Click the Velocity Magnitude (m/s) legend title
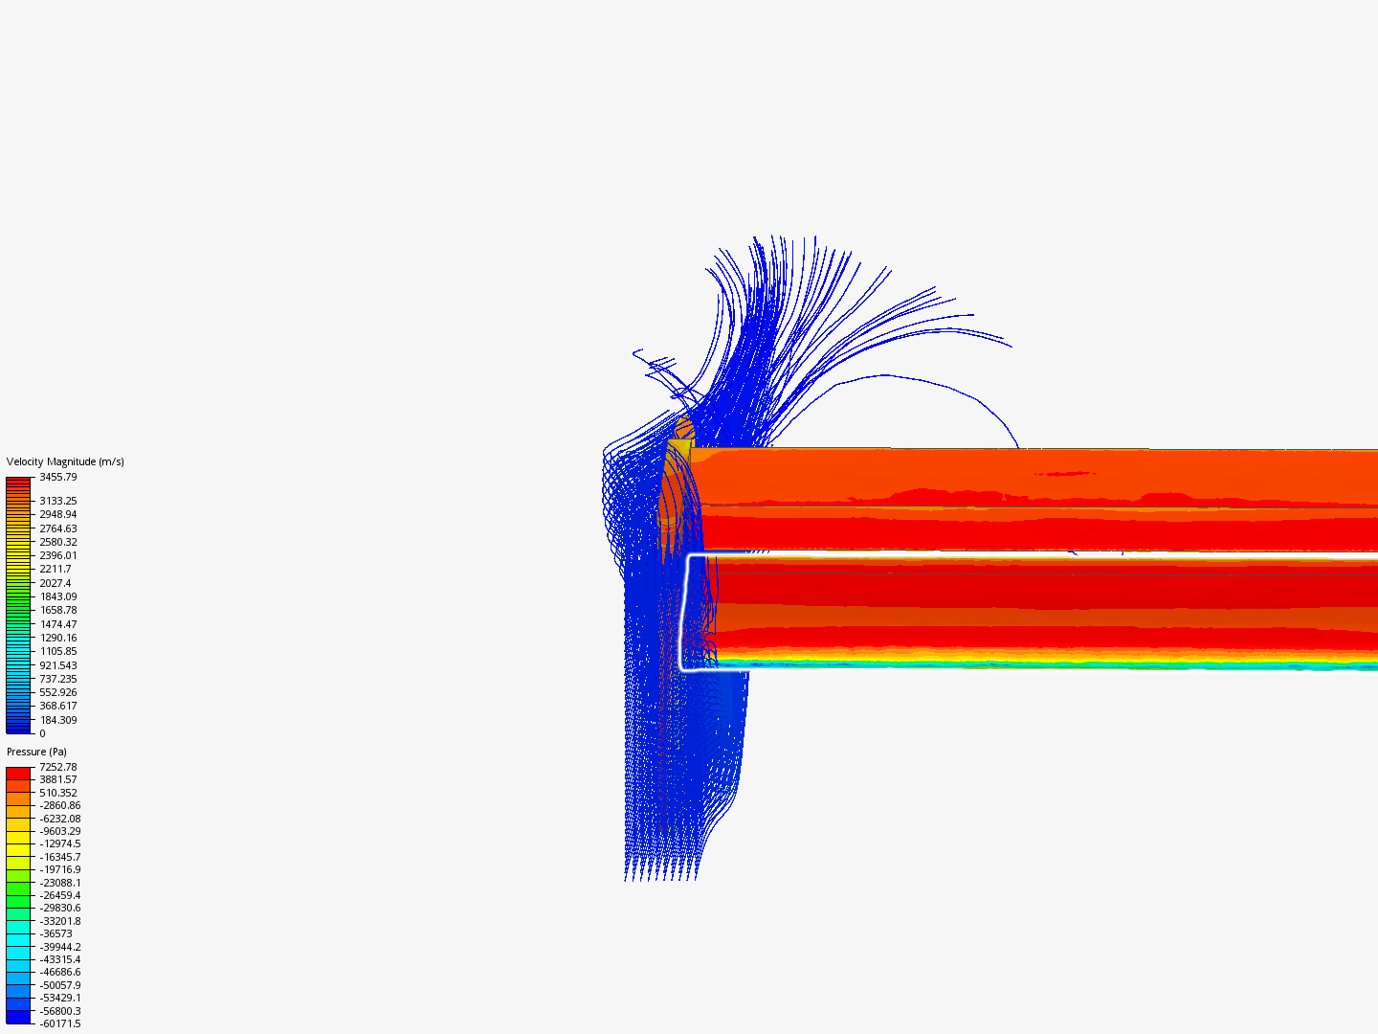pos(65,461)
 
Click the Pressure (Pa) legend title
pos(36,752)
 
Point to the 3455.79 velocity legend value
pos(57,477)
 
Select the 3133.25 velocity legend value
pos(57,501)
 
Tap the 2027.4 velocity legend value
pos(55,583)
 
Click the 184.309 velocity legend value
pos(57,720)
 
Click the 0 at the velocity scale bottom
pos(42,733)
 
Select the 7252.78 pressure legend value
pos(57,767)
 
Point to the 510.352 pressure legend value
pos(57,793)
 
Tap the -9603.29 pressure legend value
pos(59,831)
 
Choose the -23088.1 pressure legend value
pos(59,883)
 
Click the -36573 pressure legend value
pos(56,933)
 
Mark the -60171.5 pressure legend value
pos(59,1023)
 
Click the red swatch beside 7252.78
pos(18,773)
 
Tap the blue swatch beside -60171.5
pos(18,1018)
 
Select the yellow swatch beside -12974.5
pos(18,843)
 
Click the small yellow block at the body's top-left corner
pos(679,447)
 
